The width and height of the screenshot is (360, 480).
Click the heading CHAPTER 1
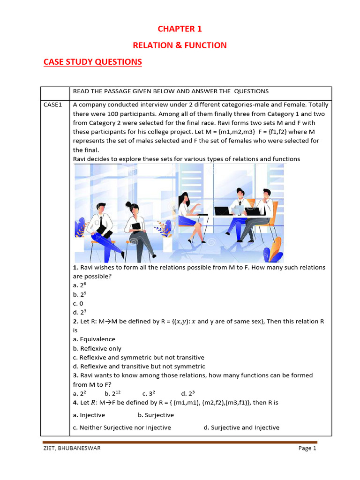pyautogui.click(x=180, y=29)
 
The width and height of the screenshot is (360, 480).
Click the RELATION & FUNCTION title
pyautogui.click(x=180, y=45)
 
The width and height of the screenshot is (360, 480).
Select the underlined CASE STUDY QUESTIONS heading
pyautogui.click(x=92, y=62)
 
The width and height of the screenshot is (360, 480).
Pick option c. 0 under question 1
pyautogui.click(x=78, y=303)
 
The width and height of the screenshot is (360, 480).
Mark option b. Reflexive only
pyautogui.click(x=97, y=349)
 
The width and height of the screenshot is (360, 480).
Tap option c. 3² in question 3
pyautogui.click(x=149, y=394)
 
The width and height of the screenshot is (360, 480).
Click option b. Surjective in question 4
pyautogui.click(x=156, y=415)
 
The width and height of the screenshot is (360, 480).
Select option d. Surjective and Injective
pyautogui.click(x=241, y=427)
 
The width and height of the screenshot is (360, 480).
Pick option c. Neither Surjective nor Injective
pyautogui.click(x=122, y=427)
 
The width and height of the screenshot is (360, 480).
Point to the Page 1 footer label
pyautogui.click(x=307, y=448)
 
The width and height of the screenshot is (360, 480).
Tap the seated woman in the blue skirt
pyautogui.click(x=187, y=216)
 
